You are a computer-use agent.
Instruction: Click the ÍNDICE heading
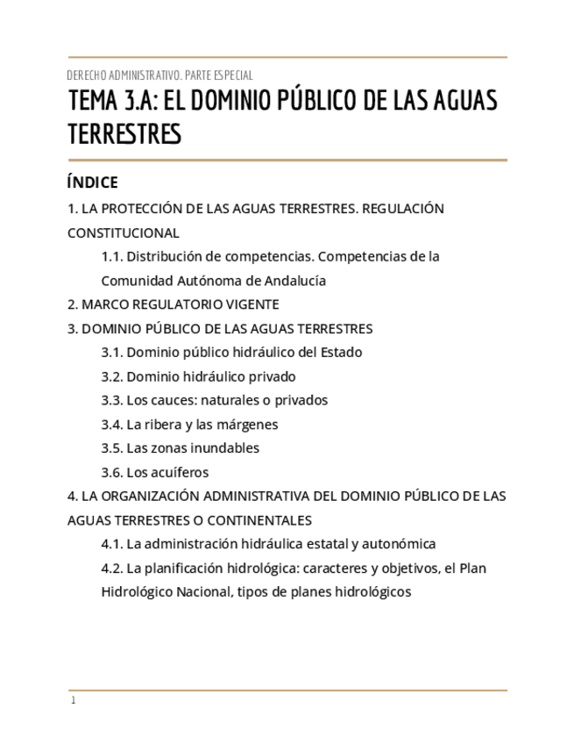click(x=92, y=182)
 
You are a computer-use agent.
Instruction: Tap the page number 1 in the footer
click(x=74, y=701)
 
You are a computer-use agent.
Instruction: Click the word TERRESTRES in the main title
click(x=124, y=134)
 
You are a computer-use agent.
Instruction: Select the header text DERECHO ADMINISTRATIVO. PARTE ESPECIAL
click(x=160, y=75)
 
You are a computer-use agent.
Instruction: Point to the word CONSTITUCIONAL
click(x=124, y=233)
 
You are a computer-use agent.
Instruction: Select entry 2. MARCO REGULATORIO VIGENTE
click(x=174, y=304)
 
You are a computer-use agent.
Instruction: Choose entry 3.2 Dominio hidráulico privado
click(x=199, y=376)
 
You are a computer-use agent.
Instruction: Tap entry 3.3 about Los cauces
click(x=215, y=400)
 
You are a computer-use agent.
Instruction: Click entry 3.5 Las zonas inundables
click(x=181, y=448)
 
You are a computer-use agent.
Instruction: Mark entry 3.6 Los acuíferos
click(x=155, y=472)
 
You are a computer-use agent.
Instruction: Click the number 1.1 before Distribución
click(x=111, y=257)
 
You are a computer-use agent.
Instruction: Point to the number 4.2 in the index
click(x=111, y=568)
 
